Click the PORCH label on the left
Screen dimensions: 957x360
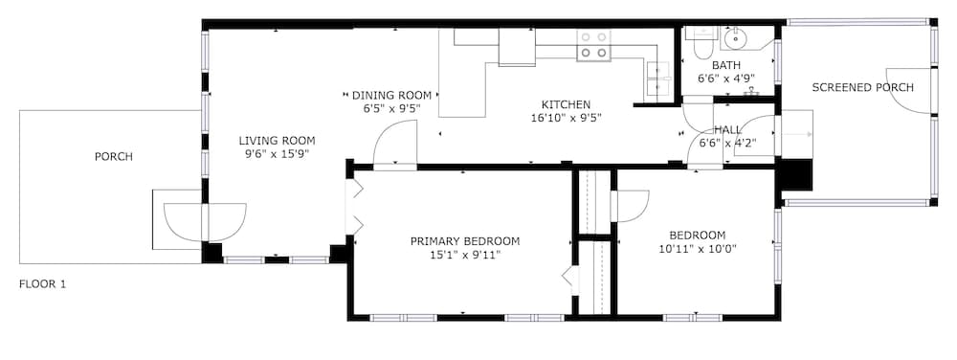[114, 157]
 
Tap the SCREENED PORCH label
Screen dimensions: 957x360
[862, 88]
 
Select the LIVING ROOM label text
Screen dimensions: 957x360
[278, 141]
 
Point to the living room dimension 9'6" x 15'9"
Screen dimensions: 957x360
[278, 154]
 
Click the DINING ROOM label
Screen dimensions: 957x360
[391, 95]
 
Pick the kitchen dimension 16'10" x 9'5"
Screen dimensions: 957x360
[567, 118]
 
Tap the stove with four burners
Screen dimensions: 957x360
[594, 45]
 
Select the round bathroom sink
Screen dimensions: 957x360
[735, 38]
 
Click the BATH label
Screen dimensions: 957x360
[726, 65]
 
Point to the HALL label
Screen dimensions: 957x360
[727, 130]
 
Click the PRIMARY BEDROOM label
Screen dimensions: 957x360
[465, 241]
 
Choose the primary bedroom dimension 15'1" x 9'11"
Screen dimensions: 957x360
[465, 255]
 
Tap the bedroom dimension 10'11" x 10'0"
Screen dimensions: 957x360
[697, 248]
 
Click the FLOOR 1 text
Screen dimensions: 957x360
[42, 283]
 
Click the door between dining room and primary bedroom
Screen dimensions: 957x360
[394, 144]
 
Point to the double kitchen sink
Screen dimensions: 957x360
[658, 79]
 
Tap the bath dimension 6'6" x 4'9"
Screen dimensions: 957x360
[726, 79]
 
